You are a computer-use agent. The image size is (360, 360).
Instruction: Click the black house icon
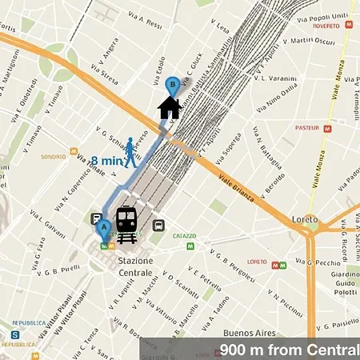click(x=169, y=108)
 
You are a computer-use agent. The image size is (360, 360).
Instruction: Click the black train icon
click(x=126, y=224)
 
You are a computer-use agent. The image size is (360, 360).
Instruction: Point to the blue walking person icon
click(x=130, y=152)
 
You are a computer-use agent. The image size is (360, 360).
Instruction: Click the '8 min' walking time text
click(x=105, y=159)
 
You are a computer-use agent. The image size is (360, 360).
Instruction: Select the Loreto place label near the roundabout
click(x=305, y=219)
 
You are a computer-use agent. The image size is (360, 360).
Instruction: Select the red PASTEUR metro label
click(x=306, y=127)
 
